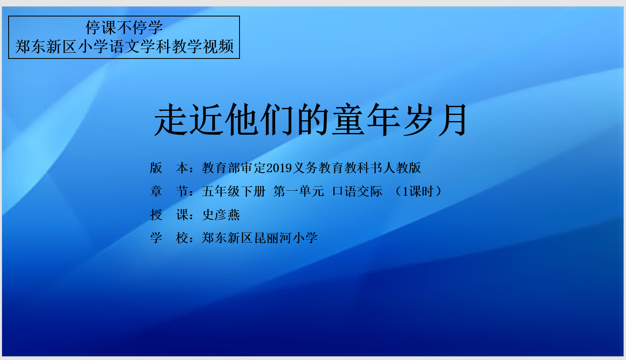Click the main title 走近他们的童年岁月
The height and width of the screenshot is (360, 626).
(x=310, y=120)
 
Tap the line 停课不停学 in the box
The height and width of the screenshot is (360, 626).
(x=124, y=28)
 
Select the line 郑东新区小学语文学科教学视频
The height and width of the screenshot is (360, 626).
(x=124, y=47)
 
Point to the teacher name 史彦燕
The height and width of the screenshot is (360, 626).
(x=221, y=215)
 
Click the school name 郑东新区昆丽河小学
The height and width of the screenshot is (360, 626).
(x=260, y=238)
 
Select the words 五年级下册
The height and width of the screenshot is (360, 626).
(x=234, y=192)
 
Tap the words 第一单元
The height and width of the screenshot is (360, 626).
(x=298, y=192)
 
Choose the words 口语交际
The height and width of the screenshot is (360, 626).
(x=357, y=192)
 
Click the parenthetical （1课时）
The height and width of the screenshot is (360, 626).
(x=418, y=192)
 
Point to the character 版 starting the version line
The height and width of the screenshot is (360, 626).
(x=156, y=168)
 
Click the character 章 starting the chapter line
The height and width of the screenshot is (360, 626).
(x=156, y=192)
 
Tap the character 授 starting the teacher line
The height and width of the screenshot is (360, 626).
(x=156, y=215)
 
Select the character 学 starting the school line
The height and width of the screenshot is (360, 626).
(x=156, y=238)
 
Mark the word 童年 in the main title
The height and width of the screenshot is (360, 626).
(x=366, y=120)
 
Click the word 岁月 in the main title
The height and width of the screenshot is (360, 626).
(x=435, y=120)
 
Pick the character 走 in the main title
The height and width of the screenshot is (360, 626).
(x=171, y=120)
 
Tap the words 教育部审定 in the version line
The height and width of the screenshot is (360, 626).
(x=234, y=168)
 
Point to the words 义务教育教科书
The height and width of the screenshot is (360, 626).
(x=337, y=168)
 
